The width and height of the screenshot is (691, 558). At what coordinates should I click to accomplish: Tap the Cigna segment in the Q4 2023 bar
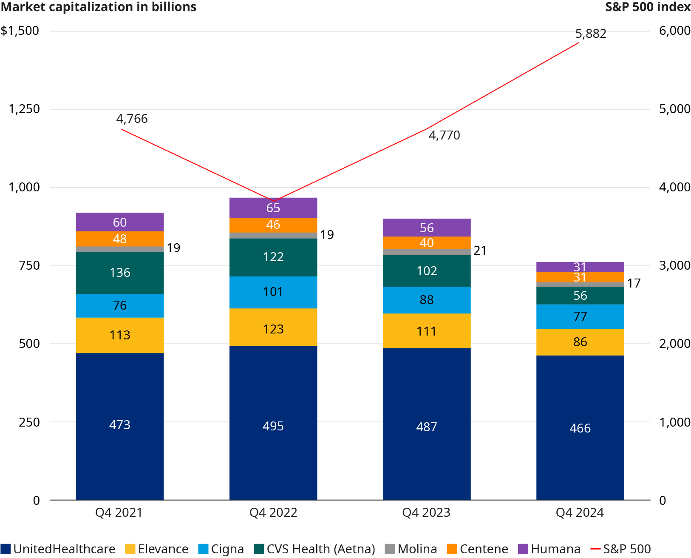click(x=426, y=300)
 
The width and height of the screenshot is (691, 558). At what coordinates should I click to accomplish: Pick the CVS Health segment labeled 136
click(x=119, y=273)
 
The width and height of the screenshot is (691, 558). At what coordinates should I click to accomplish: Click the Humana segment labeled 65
click(x=273, y=208)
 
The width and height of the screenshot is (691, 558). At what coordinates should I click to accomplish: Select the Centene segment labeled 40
click(x=426, y=243)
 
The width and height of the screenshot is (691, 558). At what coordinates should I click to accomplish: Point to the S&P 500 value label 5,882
click(x=591, y=34)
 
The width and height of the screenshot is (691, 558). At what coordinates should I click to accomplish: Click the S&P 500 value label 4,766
click(x=132, y=119)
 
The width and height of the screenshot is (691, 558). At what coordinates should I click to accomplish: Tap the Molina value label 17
click(x=634, y=283)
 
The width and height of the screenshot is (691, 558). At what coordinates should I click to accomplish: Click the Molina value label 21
click(x=480, y=251)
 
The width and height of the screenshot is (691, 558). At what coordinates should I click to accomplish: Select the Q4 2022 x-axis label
click(x=273, y=512)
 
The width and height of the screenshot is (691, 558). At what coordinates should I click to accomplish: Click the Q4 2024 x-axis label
click(x=580, y=512)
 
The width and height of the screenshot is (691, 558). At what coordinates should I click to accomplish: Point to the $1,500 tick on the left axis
click(x=20, y=31)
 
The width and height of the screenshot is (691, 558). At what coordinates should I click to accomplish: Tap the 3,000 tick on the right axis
click(x=674, y=265)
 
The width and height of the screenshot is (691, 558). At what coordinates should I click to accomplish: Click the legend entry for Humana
click(x=549, y=549)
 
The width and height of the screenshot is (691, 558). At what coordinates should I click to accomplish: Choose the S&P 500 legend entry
click(x=621, y=549)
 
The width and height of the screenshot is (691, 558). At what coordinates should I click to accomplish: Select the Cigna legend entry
click(x=221, y=549)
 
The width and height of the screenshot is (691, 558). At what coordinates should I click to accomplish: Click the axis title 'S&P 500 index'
click(x=648, y=7)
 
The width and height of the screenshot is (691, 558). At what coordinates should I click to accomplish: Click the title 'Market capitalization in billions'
click(x=99, y=7)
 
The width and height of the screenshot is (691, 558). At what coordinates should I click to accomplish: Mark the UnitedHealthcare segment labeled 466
click(x=580, y=427)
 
